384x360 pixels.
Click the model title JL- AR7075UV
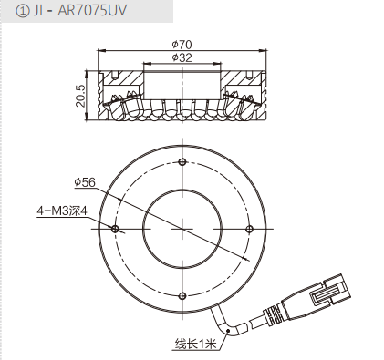tap(79, 11)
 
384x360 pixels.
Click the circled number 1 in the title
tap(22, 12)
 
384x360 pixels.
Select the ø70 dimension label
tap(182, 45)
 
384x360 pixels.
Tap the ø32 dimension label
tap(182, 57)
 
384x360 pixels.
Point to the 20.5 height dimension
tap(81, 96)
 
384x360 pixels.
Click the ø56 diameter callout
tap(85, 182)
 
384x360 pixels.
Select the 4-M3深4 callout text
tap(62, 211)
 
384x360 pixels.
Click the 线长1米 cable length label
tap(195, 345)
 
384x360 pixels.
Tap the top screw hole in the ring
tap(182, 161)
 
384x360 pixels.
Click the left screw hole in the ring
tap(115, 229)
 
